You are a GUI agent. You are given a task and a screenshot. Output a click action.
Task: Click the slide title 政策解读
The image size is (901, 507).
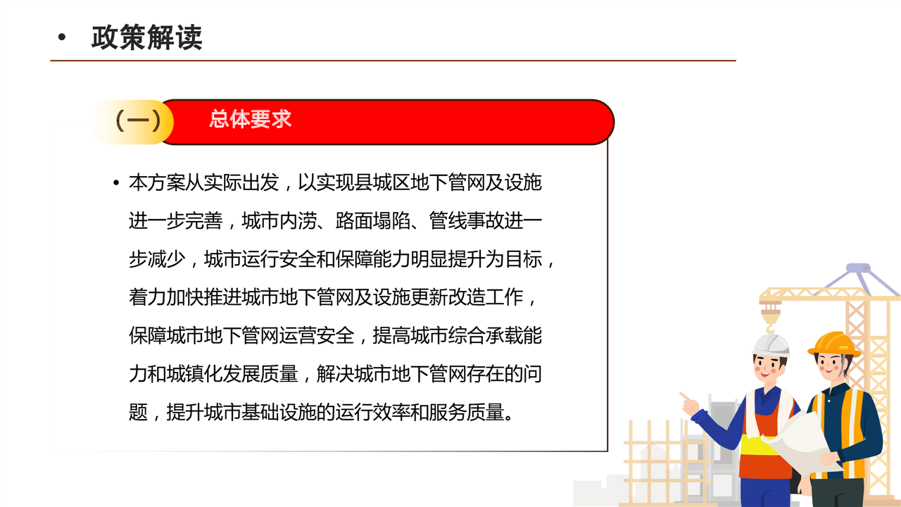pyautogui.click(x=147, y=37)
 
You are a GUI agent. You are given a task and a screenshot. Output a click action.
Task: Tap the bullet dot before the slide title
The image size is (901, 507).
pyautogui.click(x=61, y=37)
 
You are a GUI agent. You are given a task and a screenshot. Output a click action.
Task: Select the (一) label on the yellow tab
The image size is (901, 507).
pyautogui.click(x=138, y=120)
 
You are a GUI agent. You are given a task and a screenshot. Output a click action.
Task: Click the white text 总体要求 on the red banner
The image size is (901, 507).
pyautogui.click(x=250, y=119)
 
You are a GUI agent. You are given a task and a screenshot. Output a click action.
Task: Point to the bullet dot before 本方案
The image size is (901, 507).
pyautogui.click(x=116, y=183)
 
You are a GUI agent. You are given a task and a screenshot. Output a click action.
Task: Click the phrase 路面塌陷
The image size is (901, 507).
pyautogui.click(x=372, y=221)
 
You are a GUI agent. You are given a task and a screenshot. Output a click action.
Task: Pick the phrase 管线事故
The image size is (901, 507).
pyautogui.click(x=467, y=221)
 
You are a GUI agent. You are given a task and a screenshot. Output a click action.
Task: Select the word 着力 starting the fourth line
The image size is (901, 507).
pyautogui.click(x=147, y=297)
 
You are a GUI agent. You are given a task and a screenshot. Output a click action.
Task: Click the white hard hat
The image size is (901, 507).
pyautogui.click(x=771, y=345)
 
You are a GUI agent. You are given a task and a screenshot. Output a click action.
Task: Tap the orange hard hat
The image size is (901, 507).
pyautogui.click(x=833, y=344)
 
